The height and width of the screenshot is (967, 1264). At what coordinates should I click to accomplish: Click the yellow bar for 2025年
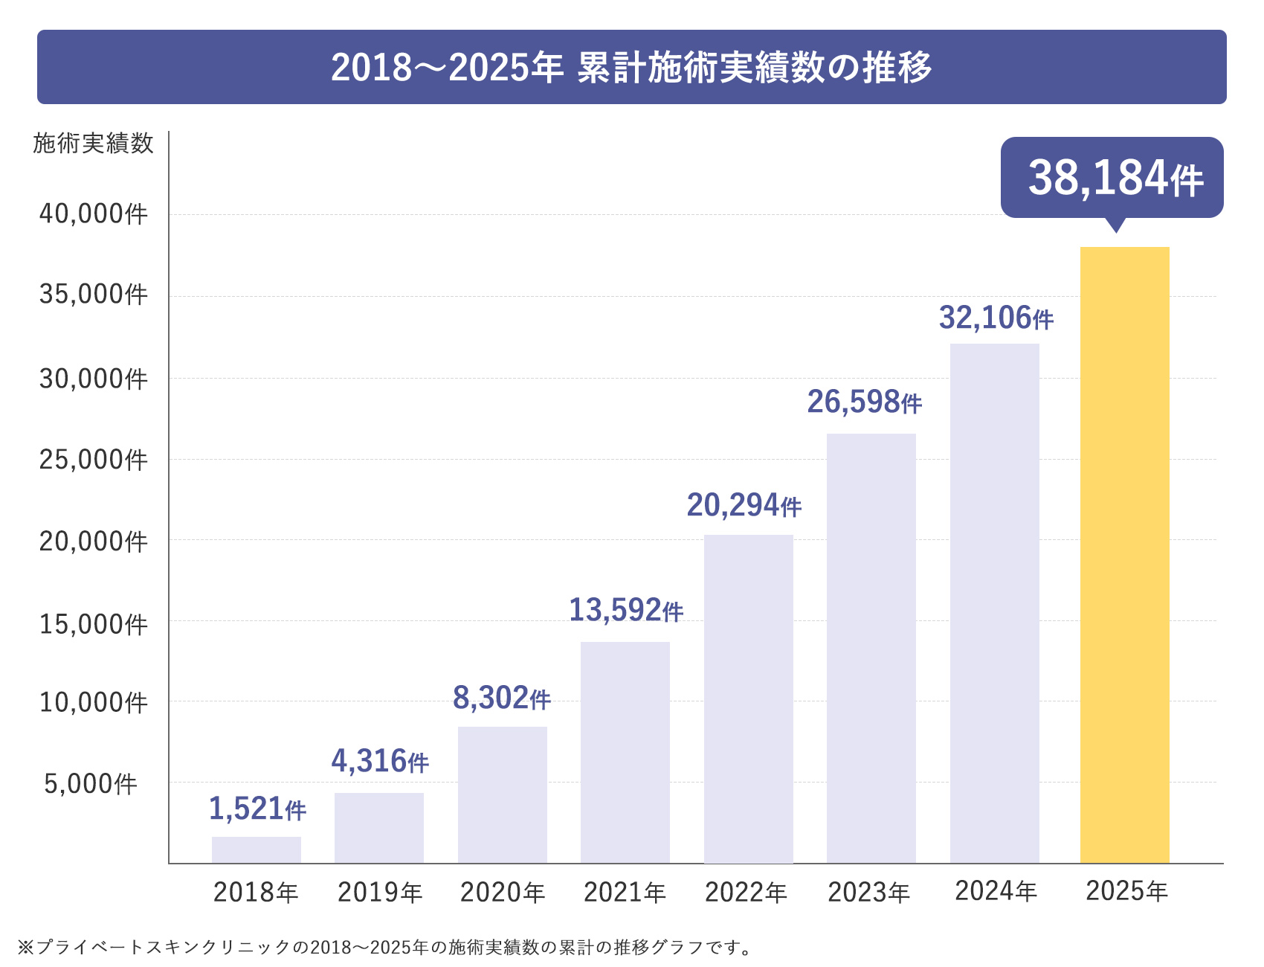point(1124,554)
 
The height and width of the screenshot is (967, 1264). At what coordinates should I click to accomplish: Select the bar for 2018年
point(256,849)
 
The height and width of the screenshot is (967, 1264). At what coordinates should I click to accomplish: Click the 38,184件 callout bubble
point(1112,178)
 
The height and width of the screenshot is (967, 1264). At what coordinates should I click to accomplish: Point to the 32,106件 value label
point(996,318)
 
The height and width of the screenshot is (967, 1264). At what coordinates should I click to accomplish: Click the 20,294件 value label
point(744,505)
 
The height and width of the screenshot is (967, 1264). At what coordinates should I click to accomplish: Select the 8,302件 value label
point(501,698)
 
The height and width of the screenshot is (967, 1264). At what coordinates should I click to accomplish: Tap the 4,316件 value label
point(379,761)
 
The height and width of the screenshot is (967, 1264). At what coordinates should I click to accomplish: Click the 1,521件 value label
point(257,809)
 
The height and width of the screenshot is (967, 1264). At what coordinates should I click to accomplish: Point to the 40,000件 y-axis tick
point(94,214)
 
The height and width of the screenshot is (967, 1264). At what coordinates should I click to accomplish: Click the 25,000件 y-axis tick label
point(94,460)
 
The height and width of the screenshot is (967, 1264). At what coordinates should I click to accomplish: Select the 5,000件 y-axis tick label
point(91,783)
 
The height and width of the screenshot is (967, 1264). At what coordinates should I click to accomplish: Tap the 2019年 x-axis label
point(379,892)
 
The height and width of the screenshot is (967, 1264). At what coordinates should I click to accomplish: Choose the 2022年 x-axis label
point(746,892)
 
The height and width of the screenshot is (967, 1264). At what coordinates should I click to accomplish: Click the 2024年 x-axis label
point(996,890)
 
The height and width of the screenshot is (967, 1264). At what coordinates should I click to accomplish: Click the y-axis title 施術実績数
point(93,143)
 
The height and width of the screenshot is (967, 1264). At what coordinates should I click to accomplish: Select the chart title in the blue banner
point(631,67)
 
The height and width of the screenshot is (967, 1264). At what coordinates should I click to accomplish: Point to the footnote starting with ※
point(385,947)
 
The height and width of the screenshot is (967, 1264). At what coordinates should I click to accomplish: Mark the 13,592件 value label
point(625,610)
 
